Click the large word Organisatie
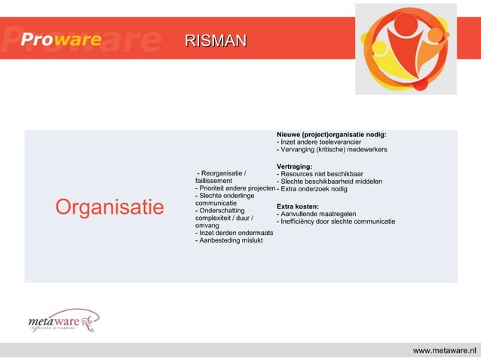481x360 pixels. point(109,207)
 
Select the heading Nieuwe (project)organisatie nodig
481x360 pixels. point(332,134)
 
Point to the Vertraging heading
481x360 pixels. point(295,166)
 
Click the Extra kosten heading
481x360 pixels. point(298,206)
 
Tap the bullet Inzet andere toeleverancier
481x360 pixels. point(321,142)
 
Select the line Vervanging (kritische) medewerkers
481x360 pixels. point(332,150)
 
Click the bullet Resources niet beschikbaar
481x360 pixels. point(320,174)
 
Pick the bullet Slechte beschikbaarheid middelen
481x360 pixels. point(330,182)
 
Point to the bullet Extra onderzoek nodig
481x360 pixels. point(312,189)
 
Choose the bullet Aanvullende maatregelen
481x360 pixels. point(317,214)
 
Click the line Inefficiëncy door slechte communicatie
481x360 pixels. point(336,221)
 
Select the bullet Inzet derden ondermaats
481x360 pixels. point(234,233)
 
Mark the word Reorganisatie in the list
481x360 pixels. point(219,174)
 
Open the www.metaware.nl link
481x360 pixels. point(445,351)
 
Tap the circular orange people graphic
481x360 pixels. point(405,47)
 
